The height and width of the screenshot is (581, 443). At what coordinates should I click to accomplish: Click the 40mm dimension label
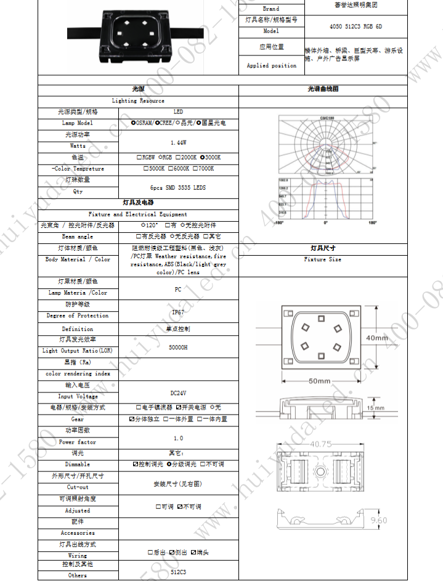click(x=376, y=338)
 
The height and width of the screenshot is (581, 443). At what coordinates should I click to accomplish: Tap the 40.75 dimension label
click(x=322, y=444)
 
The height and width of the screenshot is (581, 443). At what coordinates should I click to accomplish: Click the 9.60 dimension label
click(x=378, y=521)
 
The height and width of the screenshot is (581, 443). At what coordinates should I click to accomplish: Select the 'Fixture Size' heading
click(x=323, y=259)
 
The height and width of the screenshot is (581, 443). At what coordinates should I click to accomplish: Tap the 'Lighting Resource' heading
click(x=138, y=100)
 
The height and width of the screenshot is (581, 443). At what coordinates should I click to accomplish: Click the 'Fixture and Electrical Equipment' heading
click(x=138, y=214)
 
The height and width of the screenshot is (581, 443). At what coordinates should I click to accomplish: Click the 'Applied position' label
click(x=271, y=65)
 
